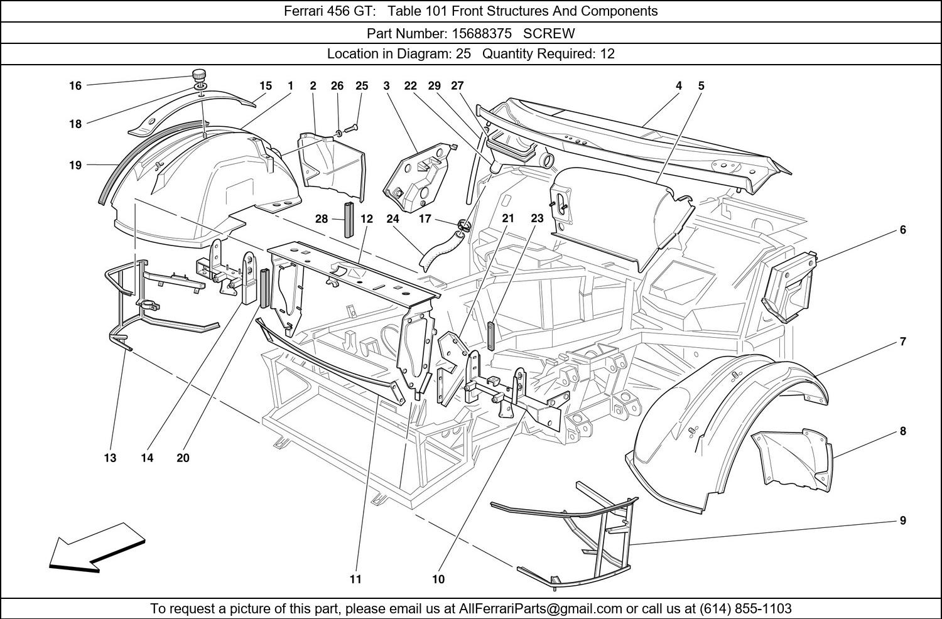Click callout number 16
75,85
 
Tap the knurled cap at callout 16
200,74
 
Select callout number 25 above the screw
362,85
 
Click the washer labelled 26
338,132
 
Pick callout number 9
902,520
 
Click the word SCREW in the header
549,33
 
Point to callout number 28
322,219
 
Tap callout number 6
902,230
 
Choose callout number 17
425,219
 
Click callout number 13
110,458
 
